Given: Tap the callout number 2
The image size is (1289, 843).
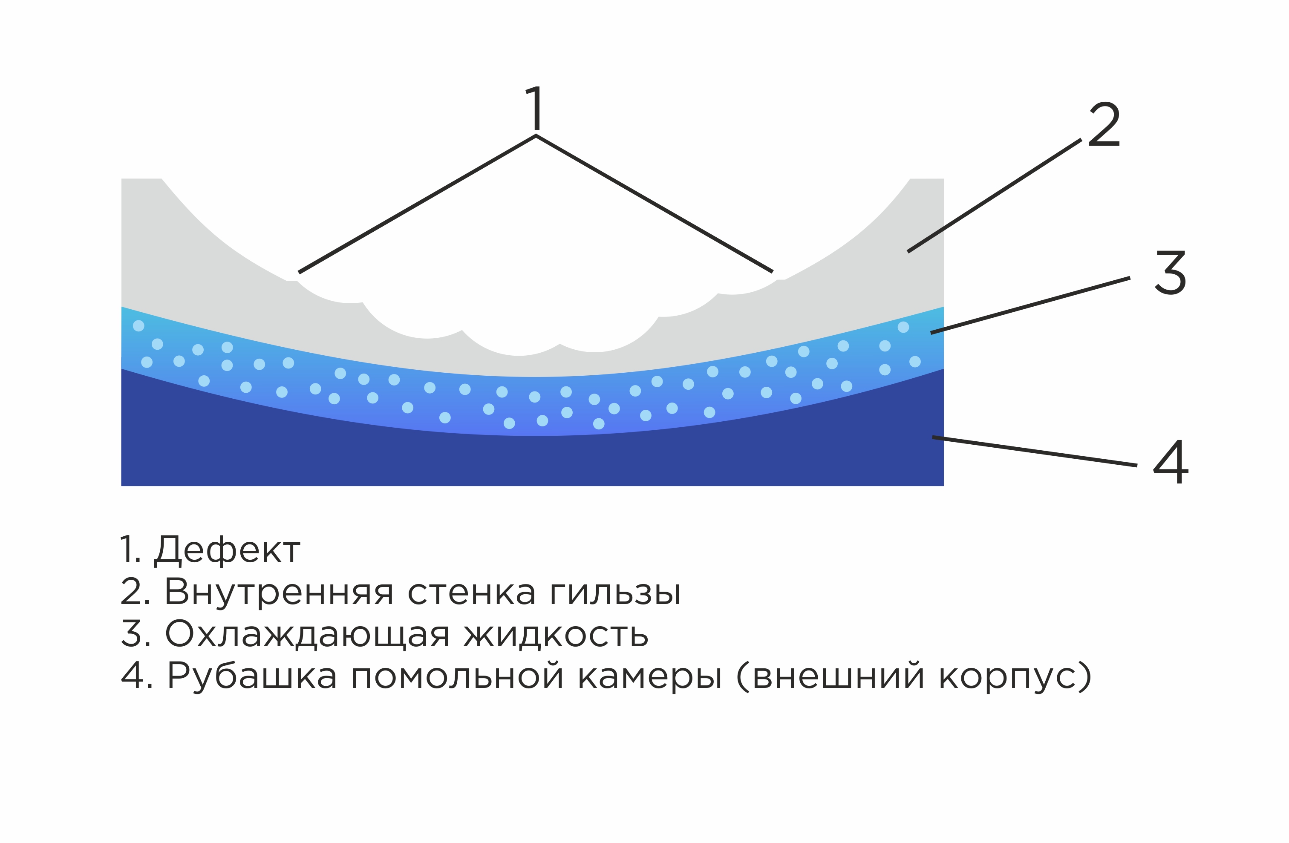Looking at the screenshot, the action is point(1104,124).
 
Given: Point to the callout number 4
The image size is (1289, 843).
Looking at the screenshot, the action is point(1171,462).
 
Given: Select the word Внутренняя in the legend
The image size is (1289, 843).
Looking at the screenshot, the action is point(278,591).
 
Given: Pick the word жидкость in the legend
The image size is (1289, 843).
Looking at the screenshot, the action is point(556,633).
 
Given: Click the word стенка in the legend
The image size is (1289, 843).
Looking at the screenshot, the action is point(471,591).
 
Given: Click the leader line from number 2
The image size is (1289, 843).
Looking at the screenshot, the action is point(995,196).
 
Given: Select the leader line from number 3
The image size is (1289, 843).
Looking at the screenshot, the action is point(1030,305).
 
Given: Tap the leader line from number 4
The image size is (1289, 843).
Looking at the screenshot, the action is point(1035,451).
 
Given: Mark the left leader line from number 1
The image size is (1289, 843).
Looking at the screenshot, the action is point(417,204).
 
